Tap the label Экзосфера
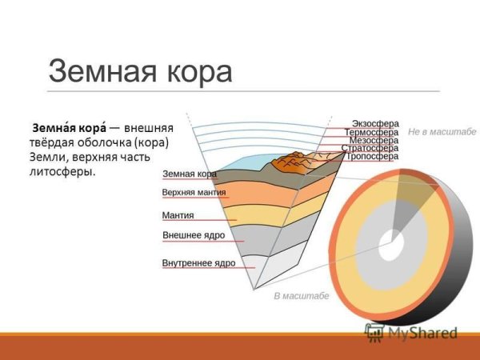coord(374,123)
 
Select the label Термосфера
coord(371,132)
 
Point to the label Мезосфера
coord(373,140)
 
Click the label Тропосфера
coord(371,157)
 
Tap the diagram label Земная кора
coord(190,174)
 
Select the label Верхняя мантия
coord(194,193)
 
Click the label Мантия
coord(178,215)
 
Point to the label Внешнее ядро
coord(193,237)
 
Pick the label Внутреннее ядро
coord(198,262)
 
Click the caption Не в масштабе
coord(442,130)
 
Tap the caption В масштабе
coord(301,295)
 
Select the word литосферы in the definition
coord(61,172)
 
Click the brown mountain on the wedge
coord(292,164)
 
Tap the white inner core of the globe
coord(390,247)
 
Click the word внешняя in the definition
coord(154,128)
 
